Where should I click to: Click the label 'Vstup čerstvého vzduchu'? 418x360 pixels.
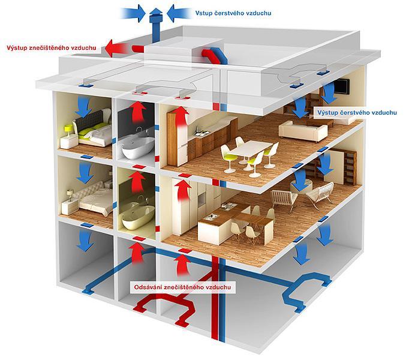pyautogui.click(x=233, y=13)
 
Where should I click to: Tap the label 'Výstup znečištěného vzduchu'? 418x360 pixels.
pyautogui.click(x=52, y=48)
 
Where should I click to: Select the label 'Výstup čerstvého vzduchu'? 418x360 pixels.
pyautogui.click(x=357, y=113)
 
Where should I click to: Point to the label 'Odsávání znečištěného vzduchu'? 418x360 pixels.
pyautogui.click(x=182, y=287)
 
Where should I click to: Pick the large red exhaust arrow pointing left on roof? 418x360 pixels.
pyautogui.click(x=116, y=48)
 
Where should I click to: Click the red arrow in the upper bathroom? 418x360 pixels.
pyautogui.click(x=138, y=113)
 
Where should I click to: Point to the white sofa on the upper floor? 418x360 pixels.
pyautogui.click(x=303, y=131)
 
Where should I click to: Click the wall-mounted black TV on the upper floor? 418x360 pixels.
pyautogui.click(x=341, y=86)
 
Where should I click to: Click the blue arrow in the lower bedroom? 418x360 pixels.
pyautogui.click(x=85, y=173)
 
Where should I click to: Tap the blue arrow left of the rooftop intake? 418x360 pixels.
pyautogui.click(x=133, y=13)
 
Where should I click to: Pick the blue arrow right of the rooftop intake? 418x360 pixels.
pyautogui.click(x=179, y=13)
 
